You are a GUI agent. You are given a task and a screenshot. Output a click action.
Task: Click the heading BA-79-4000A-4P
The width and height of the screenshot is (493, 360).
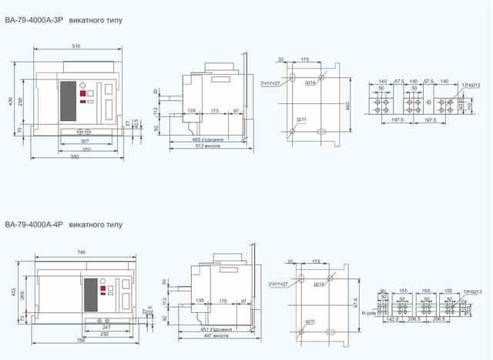[x=34, y=224]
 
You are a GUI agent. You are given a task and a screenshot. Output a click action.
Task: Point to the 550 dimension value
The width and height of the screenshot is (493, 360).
[x=75, y=156]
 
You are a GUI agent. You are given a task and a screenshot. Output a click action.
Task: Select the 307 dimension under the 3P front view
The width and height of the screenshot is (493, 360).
[x=85, y=141]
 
